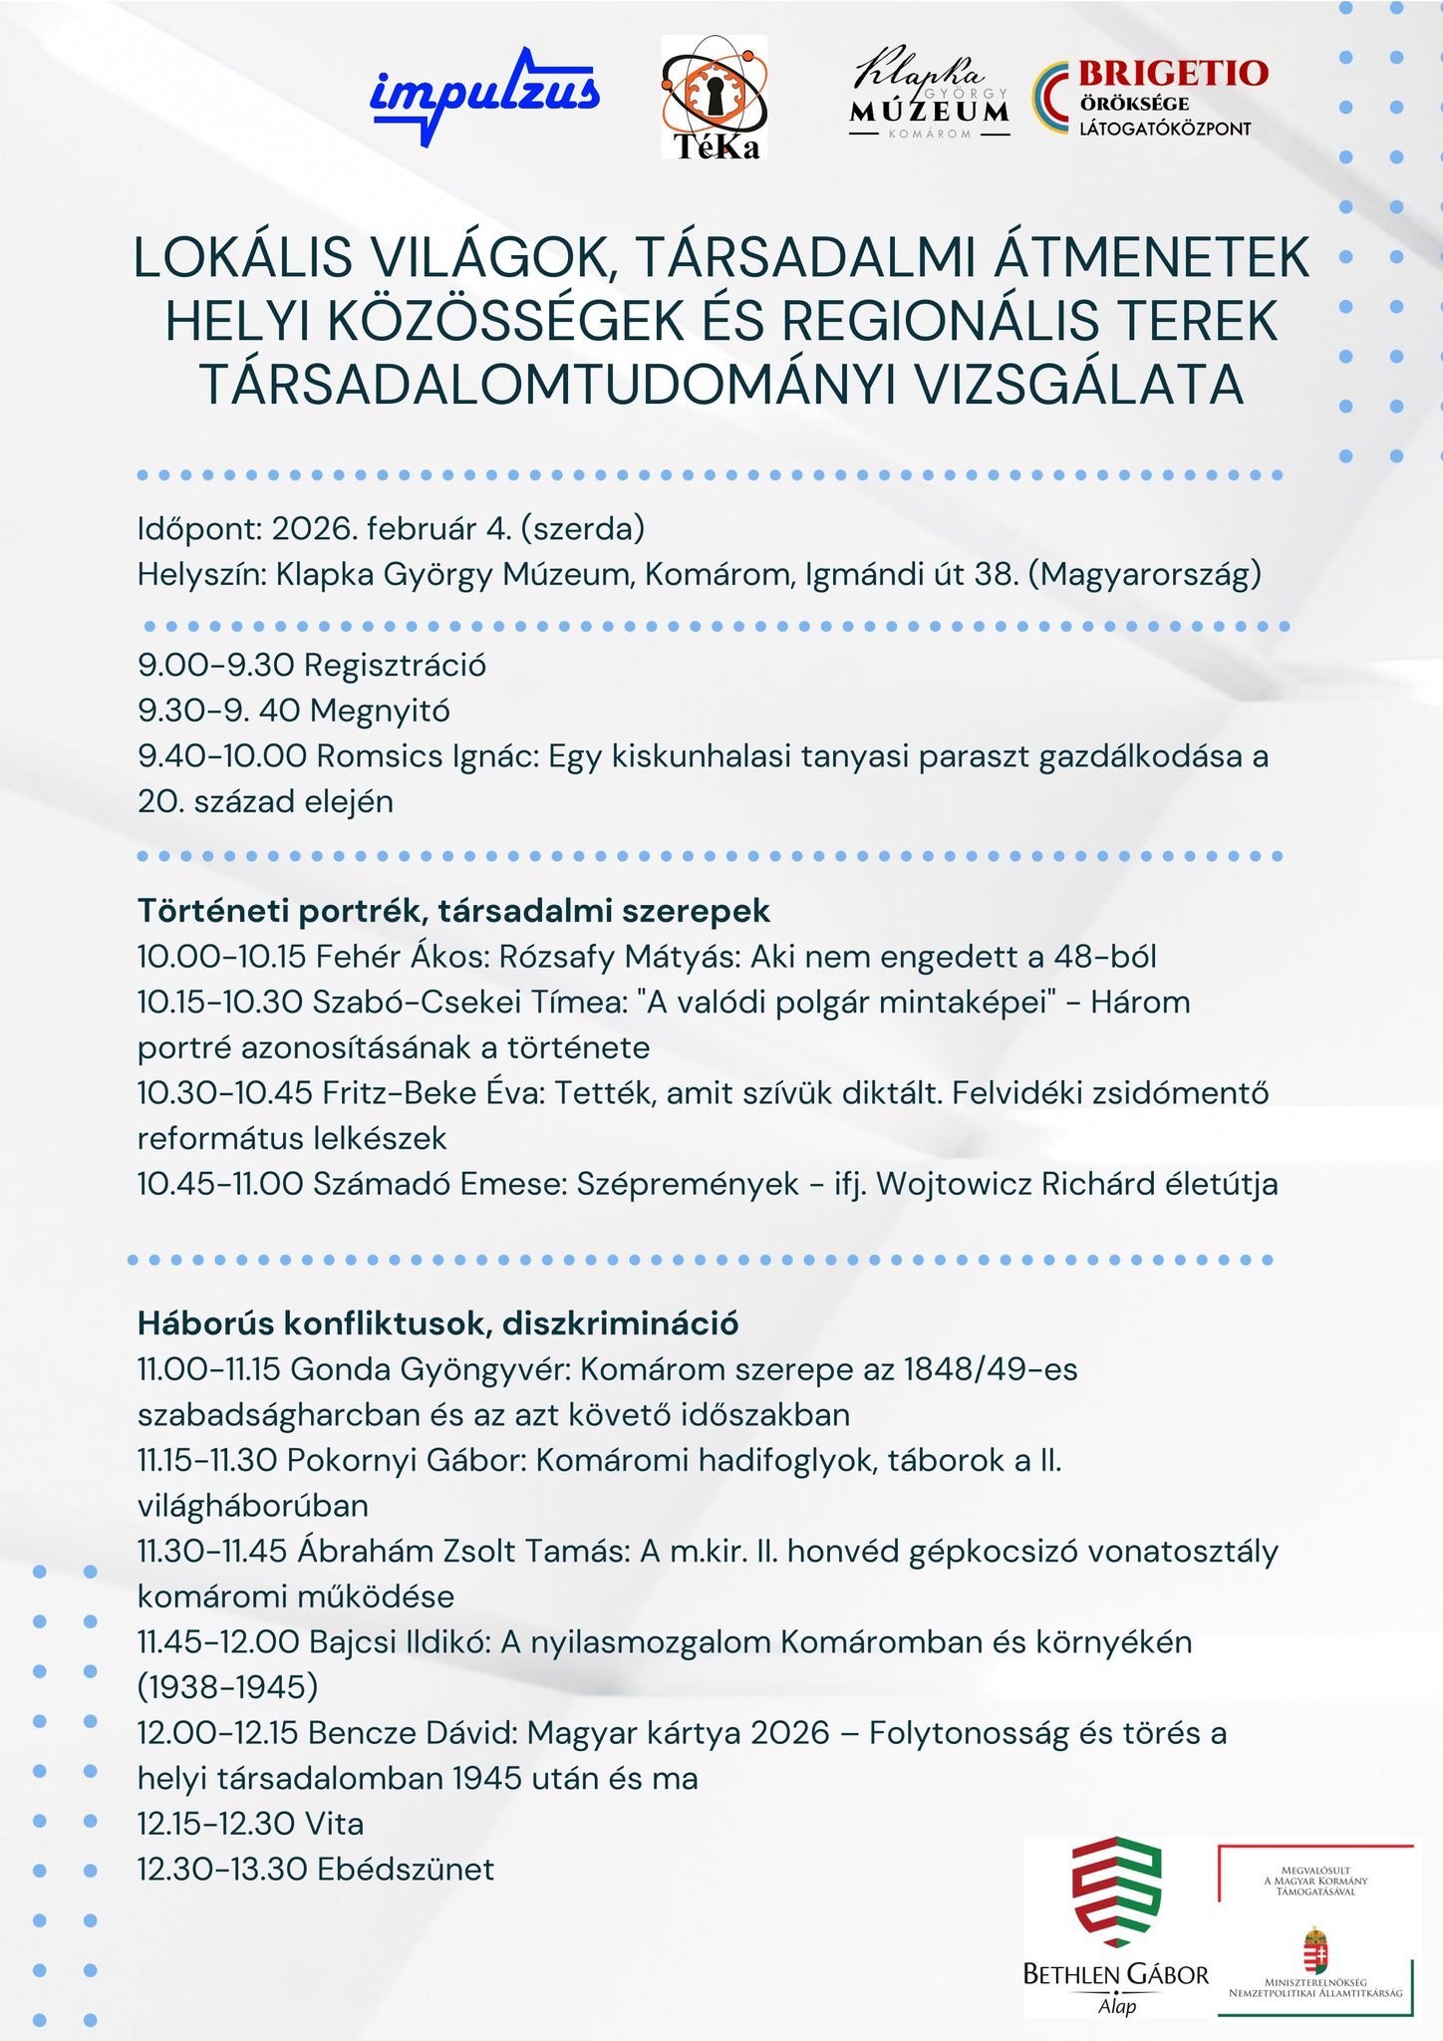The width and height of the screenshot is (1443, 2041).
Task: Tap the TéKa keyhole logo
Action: pos(715,98)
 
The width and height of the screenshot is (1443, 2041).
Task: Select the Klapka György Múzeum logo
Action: pos(929,93)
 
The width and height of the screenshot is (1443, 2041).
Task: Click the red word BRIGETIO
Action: pos(1173,73)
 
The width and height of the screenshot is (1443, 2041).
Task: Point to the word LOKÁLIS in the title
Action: pos(243,257)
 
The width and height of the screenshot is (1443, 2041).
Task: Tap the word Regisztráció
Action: pos(395,665)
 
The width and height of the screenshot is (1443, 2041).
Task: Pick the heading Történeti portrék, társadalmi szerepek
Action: pos(453,910)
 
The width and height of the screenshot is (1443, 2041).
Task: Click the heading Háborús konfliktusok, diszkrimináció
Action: pos(437,1323)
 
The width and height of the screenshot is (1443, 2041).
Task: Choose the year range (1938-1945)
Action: pos(228,1687)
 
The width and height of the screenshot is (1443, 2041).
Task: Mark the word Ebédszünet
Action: pos(405,1869)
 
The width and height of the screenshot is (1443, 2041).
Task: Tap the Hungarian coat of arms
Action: pos(1314,1952)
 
